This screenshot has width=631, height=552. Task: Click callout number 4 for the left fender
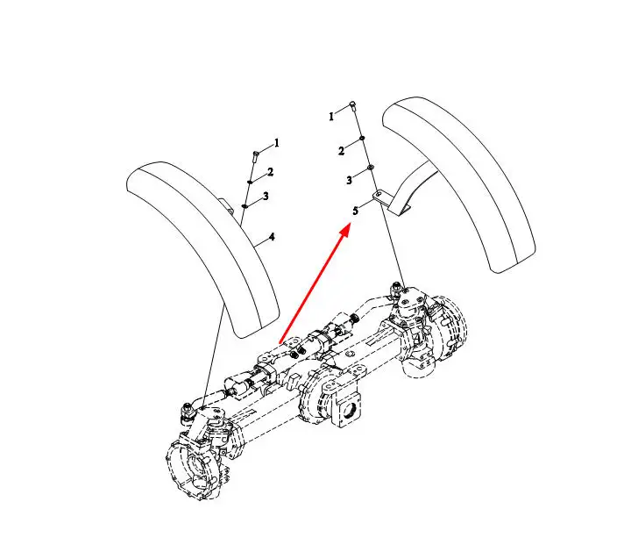(x=272, y=237)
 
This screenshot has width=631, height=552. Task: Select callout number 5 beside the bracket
(x=355, y=211)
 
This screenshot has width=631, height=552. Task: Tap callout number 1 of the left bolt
(x=276, y=143)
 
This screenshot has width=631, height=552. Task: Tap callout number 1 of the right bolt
(x=331, y=117)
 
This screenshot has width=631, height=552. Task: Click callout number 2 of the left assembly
(x=271, y=172)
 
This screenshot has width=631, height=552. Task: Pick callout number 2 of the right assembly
(x=341, y=152)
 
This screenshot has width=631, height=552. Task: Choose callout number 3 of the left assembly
(x=266, y=197)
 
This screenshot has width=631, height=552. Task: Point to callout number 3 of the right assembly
(x=349, y=180)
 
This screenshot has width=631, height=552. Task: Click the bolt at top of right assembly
(x=353, y=106)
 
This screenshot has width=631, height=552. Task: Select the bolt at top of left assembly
(x=255, y=156)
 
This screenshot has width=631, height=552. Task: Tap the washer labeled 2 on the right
(x=362, y=138)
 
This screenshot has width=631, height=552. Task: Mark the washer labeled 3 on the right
(x=370, y=167)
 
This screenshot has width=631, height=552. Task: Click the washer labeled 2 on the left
(x=250, y=182)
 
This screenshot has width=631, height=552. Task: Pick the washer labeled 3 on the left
(x=245, y=206)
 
